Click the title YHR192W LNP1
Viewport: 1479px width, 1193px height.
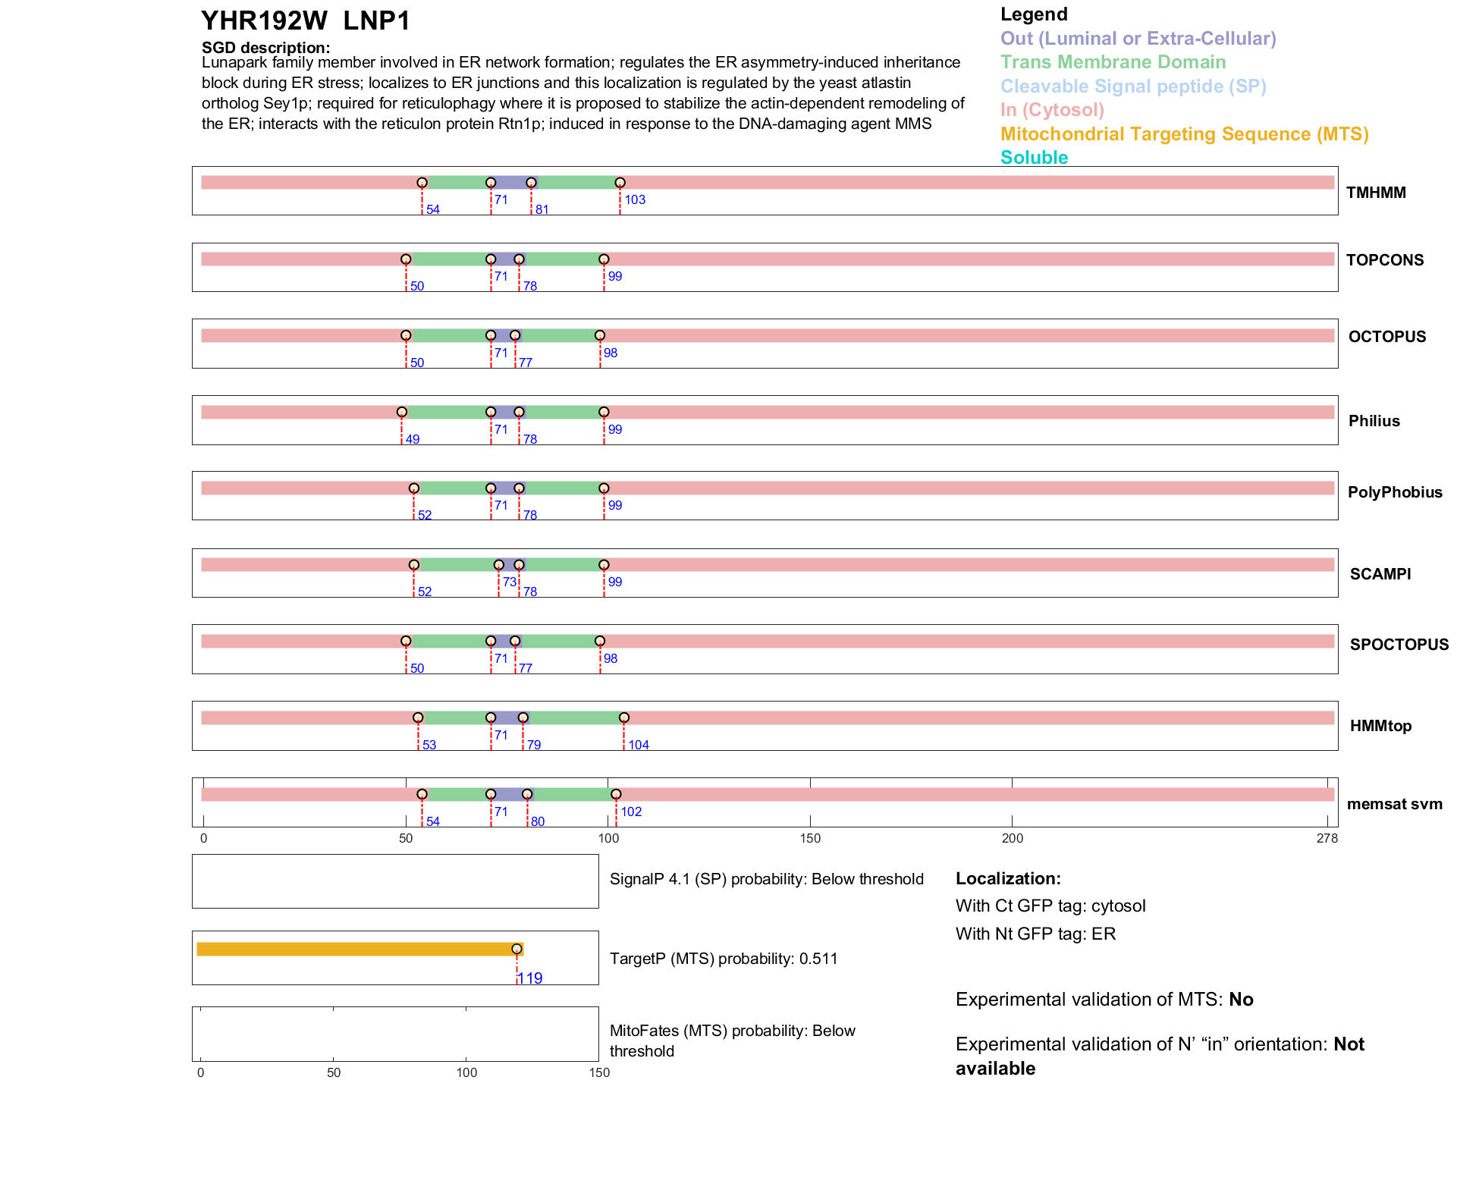[x=305, y=21]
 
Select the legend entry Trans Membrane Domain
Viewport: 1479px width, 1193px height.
[x=1113, y=62]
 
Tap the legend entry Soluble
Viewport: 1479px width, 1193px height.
[x=1034, y=158]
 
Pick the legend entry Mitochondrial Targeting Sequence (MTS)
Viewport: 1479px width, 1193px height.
[x=1184, y=134]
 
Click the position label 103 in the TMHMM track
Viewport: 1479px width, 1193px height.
[x=635, y=200]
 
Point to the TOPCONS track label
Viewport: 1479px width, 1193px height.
[x=1384, y=260]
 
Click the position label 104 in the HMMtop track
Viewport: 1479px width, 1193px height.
[x=639, y=745]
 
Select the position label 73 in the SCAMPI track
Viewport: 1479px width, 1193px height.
[x=509, y=582]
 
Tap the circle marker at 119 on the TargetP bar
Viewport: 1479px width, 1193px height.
[x=517, y=949]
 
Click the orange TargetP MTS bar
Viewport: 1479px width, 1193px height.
[x=356, y=949]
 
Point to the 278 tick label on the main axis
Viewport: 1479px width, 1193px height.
[x=1327, y=839]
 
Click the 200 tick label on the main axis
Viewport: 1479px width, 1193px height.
[x=1012, y=839]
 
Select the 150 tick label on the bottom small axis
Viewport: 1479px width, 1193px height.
[x=599, y=1073]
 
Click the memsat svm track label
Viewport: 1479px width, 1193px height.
[x=1394, y=804]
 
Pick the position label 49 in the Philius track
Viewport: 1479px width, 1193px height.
[x=412, y=440]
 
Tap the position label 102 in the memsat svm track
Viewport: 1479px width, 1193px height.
[x=631, y=812]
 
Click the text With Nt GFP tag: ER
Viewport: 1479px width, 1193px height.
[x=1035, y=934]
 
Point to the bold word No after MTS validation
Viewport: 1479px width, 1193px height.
[x=1241, y=1000]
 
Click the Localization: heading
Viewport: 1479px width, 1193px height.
[x=1008, y=879]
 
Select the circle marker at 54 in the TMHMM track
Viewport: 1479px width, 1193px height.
[x=422, y=183]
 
